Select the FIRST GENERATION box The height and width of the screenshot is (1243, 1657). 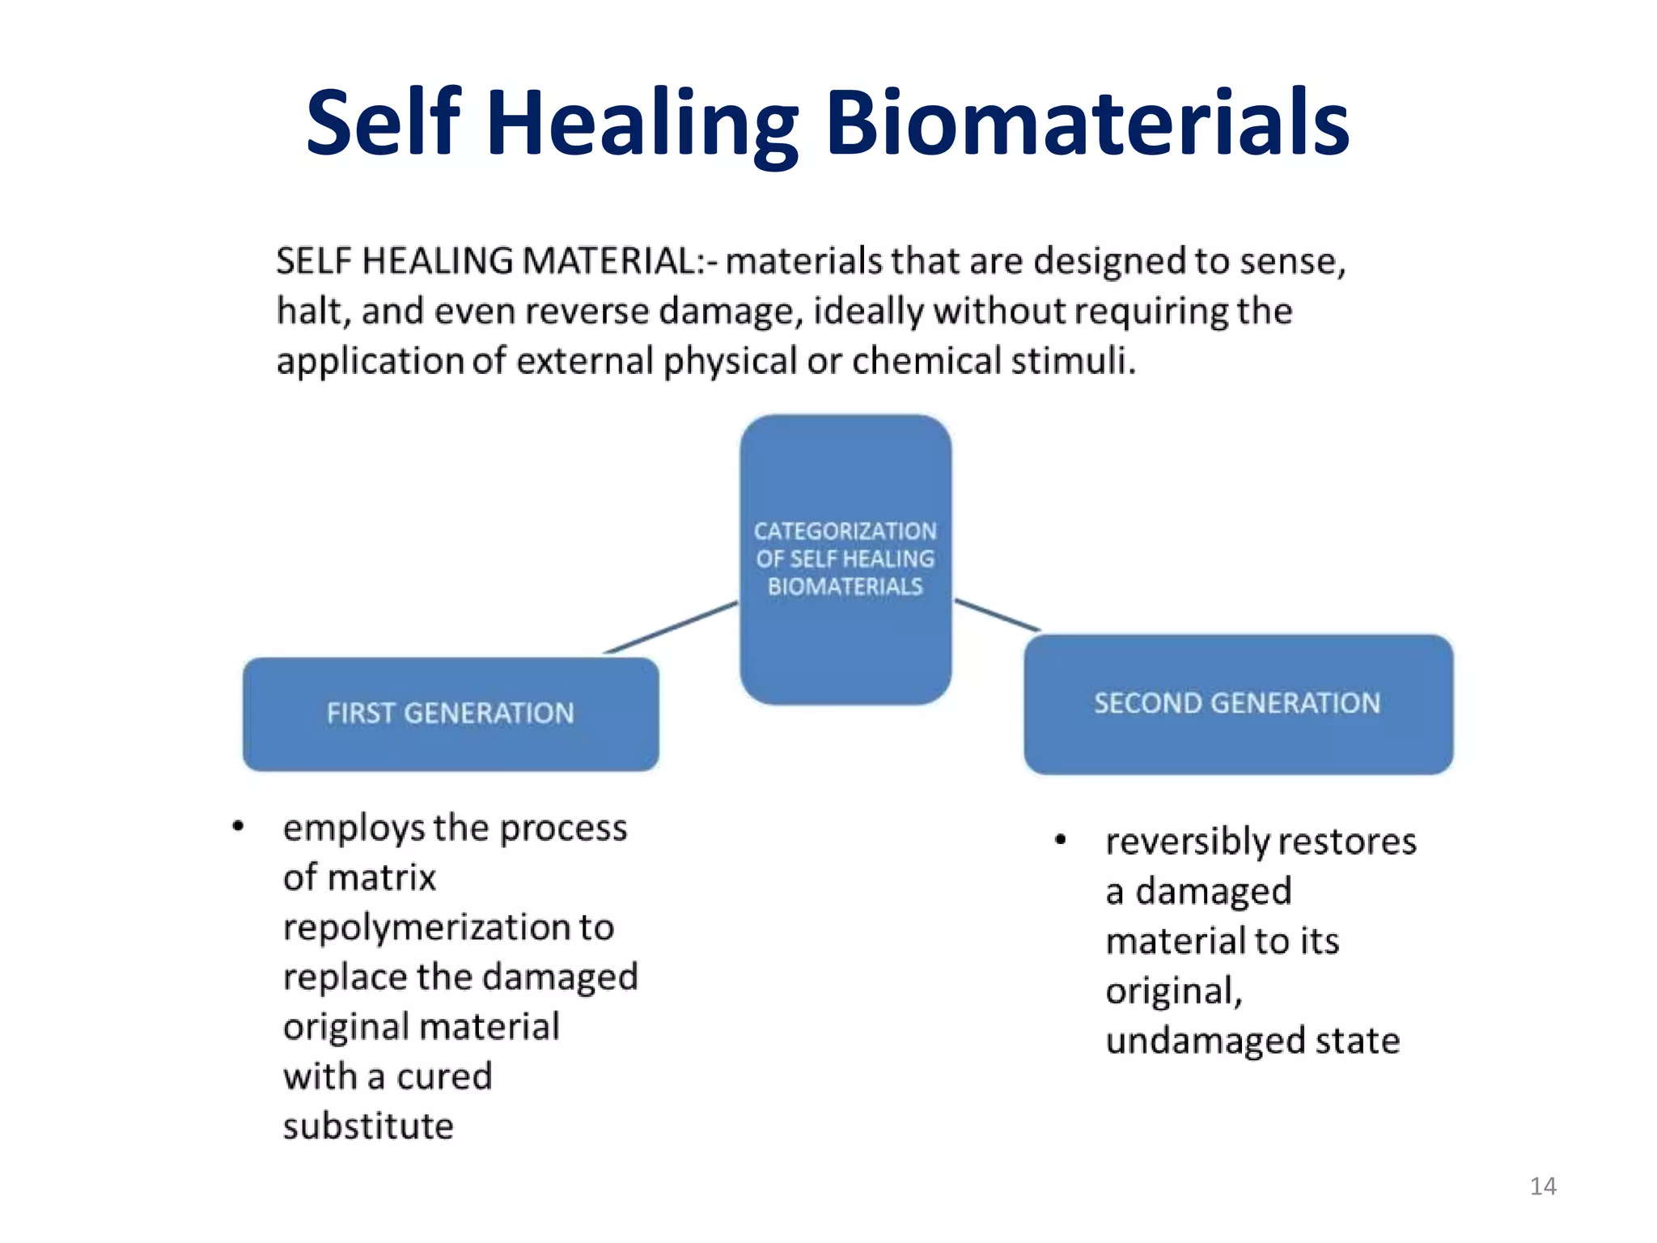(x=451, y=714)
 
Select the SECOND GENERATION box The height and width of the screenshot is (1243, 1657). (x=1238, y=704)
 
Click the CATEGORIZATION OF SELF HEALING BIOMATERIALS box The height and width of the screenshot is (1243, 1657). (x=845, y=558)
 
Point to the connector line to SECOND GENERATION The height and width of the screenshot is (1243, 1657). (x=997, y=614)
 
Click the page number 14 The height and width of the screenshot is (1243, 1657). (x=1543, y=1186)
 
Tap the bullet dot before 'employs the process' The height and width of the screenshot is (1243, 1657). (x=238, y=826)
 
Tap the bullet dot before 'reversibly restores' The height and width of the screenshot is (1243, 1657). (x=1061, y=840)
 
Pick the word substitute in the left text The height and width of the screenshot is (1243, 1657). (x=368, y=1126)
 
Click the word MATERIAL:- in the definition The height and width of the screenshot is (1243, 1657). (x=620, y=261)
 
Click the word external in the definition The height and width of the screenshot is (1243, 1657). (x=584, y=361)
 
